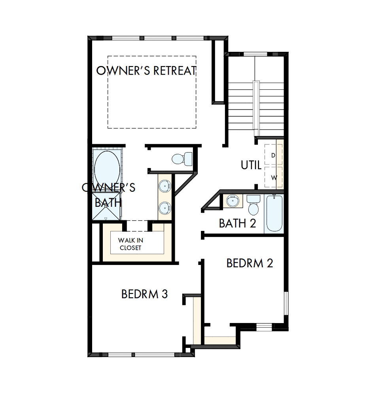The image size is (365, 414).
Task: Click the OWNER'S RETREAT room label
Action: point(147,71)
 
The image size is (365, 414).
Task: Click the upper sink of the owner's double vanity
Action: point(164,185)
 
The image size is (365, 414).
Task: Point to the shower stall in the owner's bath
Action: point(106,207)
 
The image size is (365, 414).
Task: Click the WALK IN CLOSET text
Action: point(130,244)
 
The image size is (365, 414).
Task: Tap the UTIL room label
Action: point(251,165)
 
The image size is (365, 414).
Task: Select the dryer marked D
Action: point(273,155)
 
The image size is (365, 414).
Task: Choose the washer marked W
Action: point(273,177)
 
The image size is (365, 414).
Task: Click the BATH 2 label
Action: point(237,223)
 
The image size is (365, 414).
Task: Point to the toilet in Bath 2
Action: point(253,205)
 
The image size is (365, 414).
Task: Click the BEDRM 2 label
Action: point(250,263)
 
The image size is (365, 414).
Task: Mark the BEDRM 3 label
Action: point(144,294)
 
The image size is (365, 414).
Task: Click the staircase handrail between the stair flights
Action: point(256,109)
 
